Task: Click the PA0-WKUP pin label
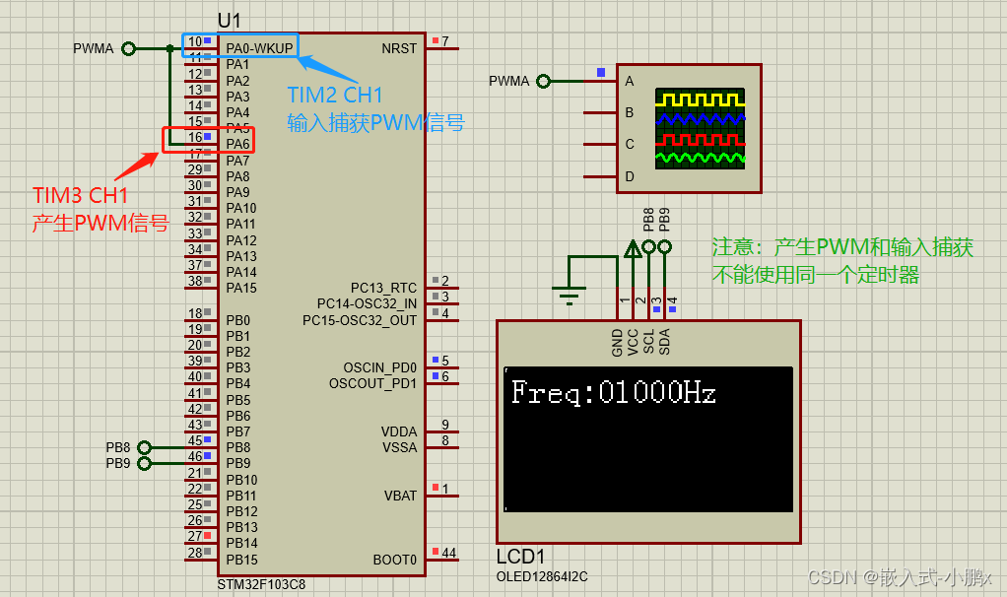tap(259, 48)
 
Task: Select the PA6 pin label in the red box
tap(237, 144)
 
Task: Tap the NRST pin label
tap(399, 48)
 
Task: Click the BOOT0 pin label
tap(394, 560)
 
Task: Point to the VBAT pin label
tap(399, 496)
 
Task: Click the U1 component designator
tap(229, 20)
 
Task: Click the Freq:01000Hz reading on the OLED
tap(613, 393)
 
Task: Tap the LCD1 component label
tap(520, 557)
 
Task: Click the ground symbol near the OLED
tap(568, 292)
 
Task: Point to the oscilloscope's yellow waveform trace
tap(701, 100)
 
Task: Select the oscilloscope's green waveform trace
tap(701, 158)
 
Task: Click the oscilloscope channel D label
tap(629, 176)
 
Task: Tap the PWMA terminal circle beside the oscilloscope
tap(543, 81)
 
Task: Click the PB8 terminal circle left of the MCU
tap(144, 447)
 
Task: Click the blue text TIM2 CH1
tap(335, 96)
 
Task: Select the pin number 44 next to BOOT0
tap(448, 553)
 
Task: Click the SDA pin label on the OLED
tap(665, 341)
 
